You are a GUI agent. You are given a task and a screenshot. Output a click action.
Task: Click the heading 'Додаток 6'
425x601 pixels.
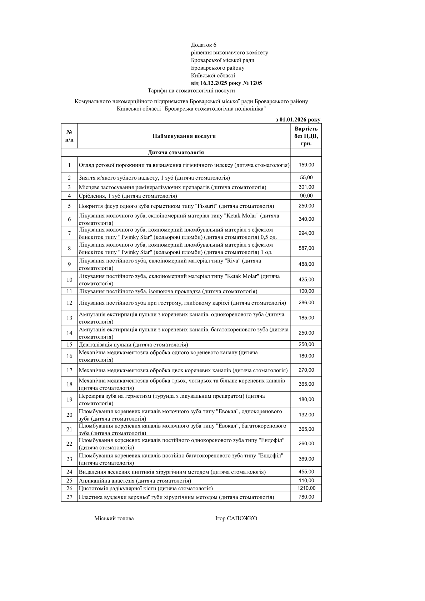[x=204, y=45]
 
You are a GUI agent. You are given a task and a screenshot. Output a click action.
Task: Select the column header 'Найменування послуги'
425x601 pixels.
[x=184, y=136]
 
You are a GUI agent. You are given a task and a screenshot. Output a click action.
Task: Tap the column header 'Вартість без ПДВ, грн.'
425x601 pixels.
[x=306, y=136]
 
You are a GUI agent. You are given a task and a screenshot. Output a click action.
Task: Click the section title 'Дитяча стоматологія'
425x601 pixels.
[x=176, y=152]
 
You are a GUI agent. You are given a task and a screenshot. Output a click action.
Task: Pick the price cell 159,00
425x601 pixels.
[x=306, y=165]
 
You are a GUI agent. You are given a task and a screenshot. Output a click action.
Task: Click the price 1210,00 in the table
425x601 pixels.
[x=306, y=488]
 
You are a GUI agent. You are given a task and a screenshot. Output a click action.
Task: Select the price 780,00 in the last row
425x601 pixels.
[x=306, y=497]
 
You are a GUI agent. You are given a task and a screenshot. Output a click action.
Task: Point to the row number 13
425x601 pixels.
[x=69, y=318]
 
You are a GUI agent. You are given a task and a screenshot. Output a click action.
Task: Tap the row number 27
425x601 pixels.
[x=69, y=497]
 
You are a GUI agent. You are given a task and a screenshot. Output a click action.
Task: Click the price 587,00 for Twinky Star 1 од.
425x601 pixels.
[x=306, y=248]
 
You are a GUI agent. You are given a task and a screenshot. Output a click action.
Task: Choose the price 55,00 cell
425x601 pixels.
[x=306, y=177]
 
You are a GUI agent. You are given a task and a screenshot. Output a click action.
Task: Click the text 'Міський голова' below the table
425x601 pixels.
[x=114, y=519]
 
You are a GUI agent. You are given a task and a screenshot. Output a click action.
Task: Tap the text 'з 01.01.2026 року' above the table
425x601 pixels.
[x=298, y=120]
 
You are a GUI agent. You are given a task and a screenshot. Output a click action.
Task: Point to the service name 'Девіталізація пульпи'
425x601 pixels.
[x=105, y=345]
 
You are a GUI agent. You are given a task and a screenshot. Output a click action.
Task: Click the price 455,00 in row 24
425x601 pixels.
[x=306, y=472]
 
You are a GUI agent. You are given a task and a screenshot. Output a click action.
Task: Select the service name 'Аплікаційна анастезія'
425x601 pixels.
[x=106, y=481]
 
